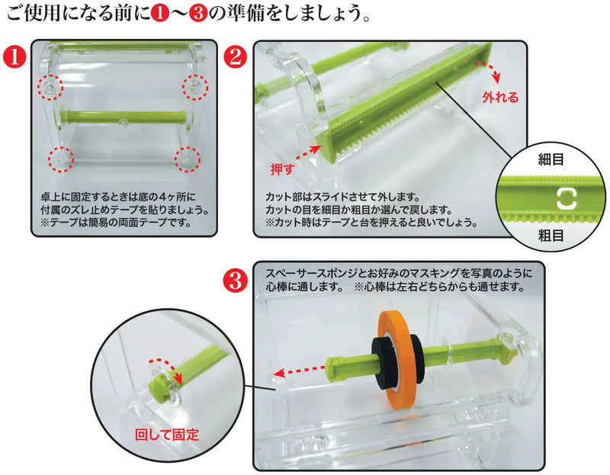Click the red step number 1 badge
tap(13, 56)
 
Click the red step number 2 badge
tap(236, 56)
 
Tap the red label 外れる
tap(499, 98)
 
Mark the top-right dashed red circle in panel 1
tap(195, 88)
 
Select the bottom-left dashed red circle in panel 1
tap(59, 159)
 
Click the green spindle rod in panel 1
tap(122, 118)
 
